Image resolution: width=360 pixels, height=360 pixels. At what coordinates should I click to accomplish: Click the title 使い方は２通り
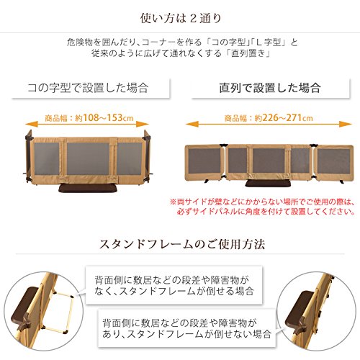point(181,18)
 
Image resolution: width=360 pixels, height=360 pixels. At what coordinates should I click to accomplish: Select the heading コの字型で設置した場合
point(88,88)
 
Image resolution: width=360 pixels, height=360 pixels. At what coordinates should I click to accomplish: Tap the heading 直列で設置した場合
point(270,88)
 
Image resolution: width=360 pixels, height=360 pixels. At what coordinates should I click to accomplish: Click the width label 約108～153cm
point(104,118)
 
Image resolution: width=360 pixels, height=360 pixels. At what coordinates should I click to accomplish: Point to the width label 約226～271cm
point(284,118)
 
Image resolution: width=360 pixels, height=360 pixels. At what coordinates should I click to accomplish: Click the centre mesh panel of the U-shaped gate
point(88,159)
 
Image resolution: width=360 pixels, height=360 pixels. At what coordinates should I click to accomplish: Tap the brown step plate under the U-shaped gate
point(88,188)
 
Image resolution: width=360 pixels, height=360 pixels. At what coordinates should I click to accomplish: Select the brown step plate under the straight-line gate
point(269,184)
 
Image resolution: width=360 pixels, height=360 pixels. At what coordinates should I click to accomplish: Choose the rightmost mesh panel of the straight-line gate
point(333,161)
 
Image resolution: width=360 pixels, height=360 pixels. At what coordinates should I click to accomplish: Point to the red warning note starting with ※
point(262,207)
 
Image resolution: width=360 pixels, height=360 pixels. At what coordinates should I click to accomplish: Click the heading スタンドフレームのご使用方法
point(182,244)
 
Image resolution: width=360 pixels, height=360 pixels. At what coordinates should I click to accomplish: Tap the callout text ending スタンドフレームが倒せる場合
point(174,285)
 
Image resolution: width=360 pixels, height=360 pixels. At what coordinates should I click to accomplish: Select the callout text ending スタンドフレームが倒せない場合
point(186,328)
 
